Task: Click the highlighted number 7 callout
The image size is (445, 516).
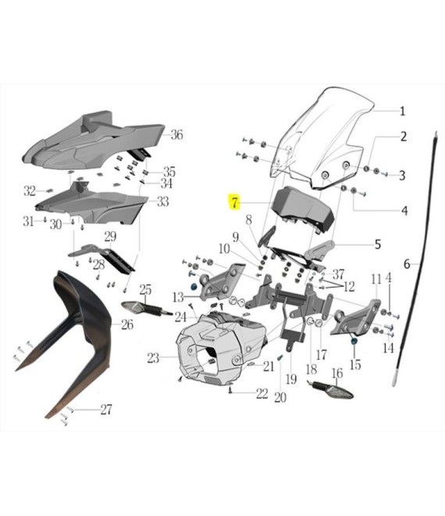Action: (234, 202)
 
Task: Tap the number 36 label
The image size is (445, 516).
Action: (176, 134)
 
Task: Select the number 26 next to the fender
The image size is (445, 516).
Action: (127, 324)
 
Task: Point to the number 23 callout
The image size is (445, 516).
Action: (153, 358)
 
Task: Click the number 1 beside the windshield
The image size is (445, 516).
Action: (402, 111)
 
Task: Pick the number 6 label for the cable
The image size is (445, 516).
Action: (407, 264)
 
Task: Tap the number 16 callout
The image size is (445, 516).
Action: (336, 373)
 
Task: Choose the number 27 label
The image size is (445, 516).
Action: (106, 410)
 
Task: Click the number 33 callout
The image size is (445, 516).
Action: (162, 201)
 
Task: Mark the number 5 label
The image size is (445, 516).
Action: (378, 245)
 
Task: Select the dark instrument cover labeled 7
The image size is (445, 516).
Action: (303, 207)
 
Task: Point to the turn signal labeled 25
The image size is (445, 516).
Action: (146, 308)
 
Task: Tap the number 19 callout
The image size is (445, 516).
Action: (291, 379)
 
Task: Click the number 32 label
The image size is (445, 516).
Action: (29, 191)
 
